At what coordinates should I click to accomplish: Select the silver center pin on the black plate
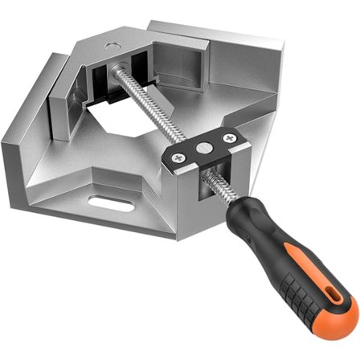pyautogui.click(x=202, y=147)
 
